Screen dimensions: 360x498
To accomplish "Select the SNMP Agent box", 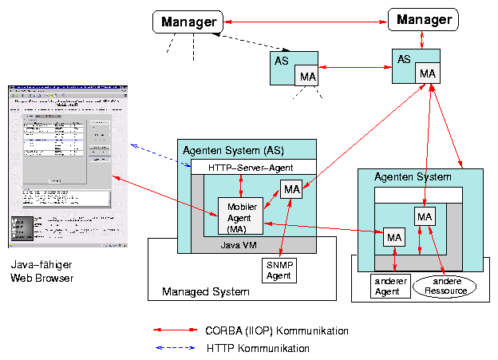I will click(278, 271).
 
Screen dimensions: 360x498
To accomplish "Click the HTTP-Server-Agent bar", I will click(251, 168).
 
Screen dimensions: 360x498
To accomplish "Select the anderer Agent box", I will click(390, 286).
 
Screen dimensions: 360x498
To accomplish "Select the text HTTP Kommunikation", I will click(258, 348).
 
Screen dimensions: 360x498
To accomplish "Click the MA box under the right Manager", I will click(428, 73).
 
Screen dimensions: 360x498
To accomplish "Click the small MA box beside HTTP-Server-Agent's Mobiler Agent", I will click(291, 190).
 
